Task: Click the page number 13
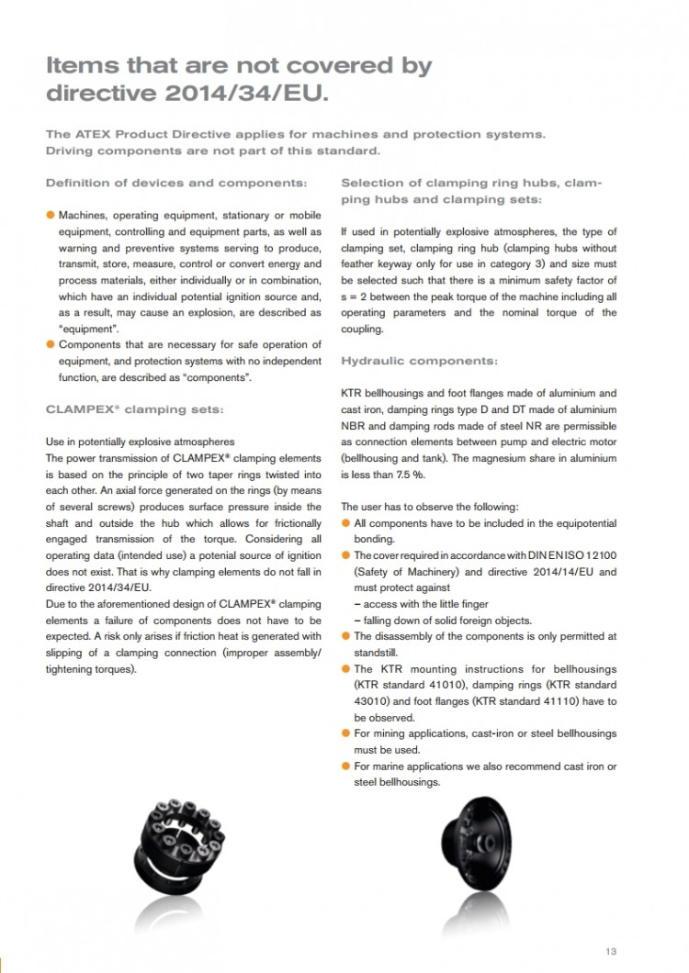coord(611,950)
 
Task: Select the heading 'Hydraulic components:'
coord(420,361)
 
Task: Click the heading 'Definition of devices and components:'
coord(175,183)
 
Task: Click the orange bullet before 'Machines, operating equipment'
coord(51,215)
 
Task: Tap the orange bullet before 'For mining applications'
coord(345,733)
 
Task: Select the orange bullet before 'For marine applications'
coord(345,766)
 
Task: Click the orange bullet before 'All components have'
coord(345,523)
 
